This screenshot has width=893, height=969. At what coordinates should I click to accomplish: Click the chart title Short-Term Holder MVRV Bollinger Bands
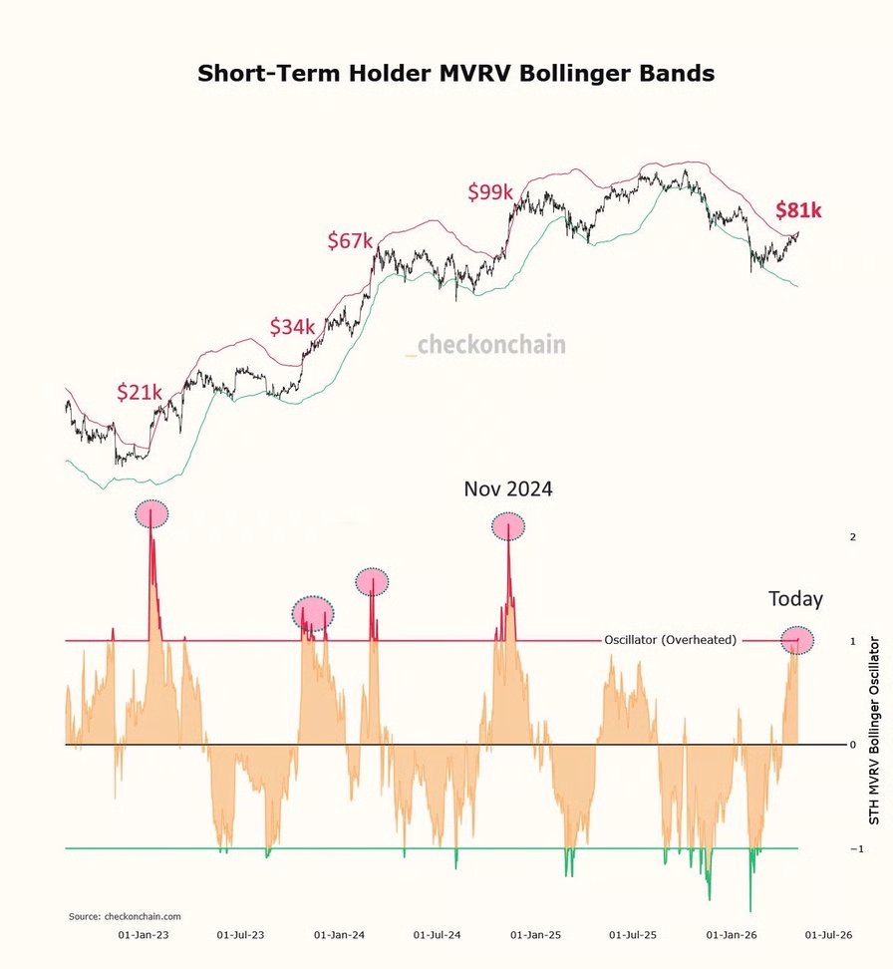point(456,73)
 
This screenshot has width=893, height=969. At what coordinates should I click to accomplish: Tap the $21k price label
point(140,391)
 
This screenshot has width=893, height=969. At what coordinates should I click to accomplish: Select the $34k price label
point(292,326)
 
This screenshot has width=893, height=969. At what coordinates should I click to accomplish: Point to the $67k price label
point(351,240)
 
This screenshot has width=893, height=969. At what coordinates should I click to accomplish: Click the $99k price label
point(490,191)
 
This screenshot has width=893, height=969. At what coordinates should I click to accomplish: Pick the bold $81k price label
point(798,210)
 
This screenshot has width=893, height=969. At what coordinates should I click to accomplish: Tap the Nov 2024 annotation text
point(508,488)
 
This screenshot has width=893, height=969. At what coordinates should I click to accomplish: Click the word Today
point(795,598)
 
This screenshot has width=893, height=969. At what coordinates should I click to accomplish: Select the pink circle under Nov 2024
point(508,526)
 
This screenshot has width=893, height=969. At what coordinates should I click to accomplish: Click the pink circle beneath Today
point(797,640)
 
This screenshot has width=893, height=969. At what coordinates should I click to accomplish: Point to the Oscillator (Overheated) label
point(671,640)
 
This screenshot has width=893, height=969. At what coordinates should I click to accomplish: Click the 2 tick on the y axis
point(853,537)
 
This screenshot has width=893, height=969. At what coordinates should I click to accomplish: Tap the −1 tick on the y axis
point(856,848)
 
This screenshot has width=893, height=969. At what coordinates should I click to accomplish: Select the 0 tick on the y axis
point(853,745)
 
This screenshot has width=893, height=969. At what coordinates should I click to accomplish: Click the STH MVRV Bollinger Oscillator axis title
point(874,731)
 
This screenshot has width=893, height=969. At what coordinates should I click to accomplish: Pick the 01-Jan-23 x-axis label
point(144,935)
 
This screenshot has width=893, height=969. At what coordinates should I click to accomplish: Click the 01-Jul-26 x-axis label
point(828,935)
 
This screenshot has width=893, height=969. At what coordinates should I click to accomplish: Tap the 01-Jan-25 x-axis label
point(536,935)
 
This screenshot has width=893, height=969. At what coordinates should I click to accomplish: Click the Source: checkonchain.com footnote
point(125,916)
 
